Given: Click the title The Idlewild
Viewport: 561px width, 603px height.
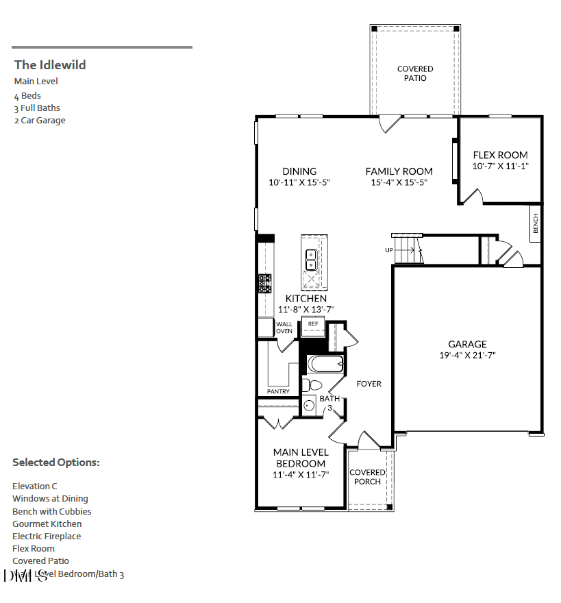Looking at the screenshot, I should click(x=50, y=65).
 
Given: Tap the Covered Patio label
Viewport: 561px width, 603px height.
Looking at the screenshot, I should click(x=415, y=73).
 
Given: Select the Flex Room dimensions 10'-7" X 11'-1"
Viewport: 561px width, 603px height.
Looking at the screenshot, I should click(x=500, y=167).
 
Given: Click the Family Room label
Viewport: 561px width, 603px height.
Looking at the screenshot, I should click(x=399, y=171).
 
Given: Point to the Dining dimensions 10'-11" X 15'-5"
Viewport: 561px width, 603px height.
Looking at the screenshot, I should click(x=299, y=182).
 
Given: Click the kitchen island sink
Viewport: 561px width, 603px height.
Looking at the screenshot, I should click(x=310, y=259).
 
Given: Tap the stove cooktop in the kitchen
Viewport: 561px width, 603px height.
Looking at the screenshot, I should click(x=264, y=284).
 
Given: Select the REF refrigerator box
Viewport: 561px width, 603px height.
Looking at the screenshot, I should click(x=313, y=324).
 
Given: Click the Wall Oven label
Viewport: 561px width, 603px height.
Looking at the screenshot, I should click(x=284, y=328).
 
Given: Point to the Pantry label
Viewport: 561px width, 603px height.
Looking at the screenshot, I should click(x=278, y=391).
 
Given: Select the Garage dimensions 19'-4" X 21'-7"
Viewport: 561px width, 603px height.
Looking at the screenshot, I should click(x=467, y=355).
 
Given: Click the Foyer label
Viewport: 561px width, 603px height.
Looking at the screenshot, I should click(x=369, y=384).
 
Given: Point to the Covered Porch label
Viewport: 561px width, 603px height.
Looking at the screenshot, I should click(x=367, y=477).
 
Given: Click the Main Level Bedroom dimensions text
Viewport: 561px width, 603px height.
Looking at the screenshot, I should click(x=301, y=474).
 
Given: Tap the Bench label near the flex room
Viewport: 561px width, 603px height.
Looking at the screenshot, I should click(x=536, y=223).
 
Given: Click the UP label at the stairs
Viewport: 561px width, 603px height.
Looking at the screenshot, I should click(x=388, y=250).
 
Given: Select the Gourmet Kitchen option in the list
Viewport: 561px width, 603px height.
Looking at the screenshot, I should click(x=47, y=524).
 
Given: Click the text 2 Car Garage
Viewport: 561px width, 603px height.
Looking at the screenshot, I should click(x=40, y=121).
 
